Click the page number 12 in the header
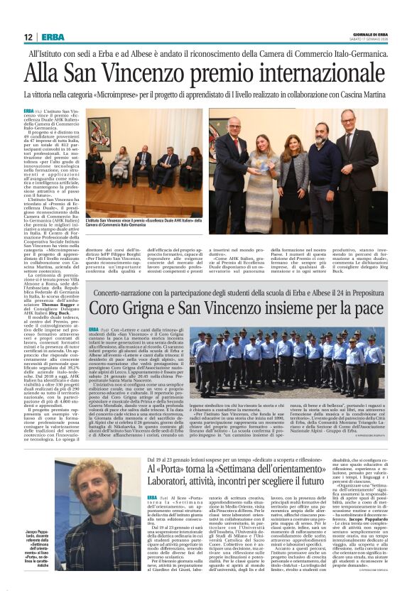coord(28,37)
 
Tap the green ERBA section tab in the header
coord(53,37)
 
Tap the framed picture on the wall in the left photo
coord(100,134)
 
